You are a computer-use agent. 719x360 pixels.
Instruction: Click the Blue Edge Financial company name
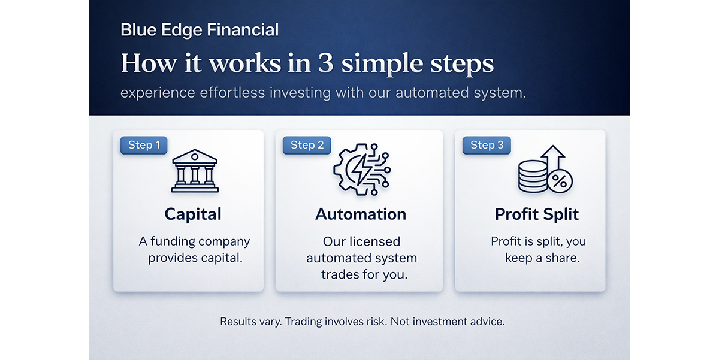coord(200,30)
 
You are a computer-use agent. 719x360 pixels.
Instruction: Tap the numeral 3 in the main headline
coord(325,63)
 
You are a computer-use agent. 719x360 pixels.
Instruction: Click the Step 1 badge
coord(144,145)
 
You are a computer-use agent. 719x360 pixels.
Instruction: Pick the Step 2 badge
coord(307,145)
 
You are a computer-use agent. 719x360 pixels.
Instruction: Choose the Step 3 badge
coord(487,145)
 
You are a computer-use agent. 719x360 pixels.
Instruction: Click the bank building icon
coord(195,171)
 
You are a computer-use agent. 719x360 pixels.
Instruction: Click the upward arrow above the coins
coord(552,158)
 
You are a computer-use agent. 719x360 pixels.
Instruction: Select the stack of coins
coord(532,177)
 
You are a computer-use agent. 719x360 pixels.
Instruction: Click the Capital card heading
coord(193,214)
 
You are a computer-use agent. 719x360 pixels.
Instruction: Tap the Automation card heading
coord(361,214)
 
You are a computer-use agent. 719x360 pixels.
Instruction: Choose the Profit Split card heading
coord(537,214)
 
